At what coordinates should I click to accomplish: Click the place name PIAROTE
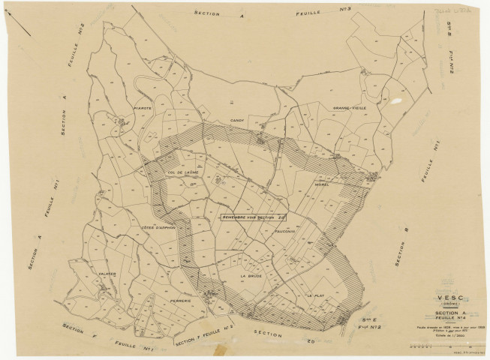point(143,108)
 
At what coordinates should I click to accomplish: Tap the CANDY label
point(238,120)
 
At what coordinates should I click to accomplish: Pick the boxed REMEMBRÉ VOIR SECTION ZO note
point(254,217)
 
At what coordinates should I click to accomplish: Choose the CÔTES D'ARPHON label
point(157,228)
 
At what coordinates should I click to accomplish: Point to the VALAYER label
point(106,274)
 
